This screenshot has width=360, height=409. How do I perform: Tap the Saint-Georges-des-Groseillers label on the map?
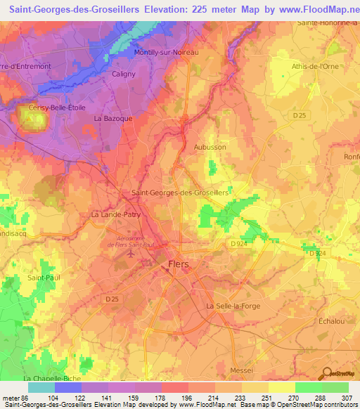pos(180,192)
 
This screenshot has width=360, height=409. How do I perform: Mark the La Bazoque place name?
pos(113,119)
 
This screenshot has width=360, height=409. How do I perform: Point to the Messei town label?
pos(241,368)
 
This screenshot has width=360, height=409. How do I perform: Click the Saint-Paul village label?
pos(42,278)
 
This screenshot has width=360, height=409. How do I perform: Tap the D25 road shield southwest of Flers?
pos(109,299)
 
